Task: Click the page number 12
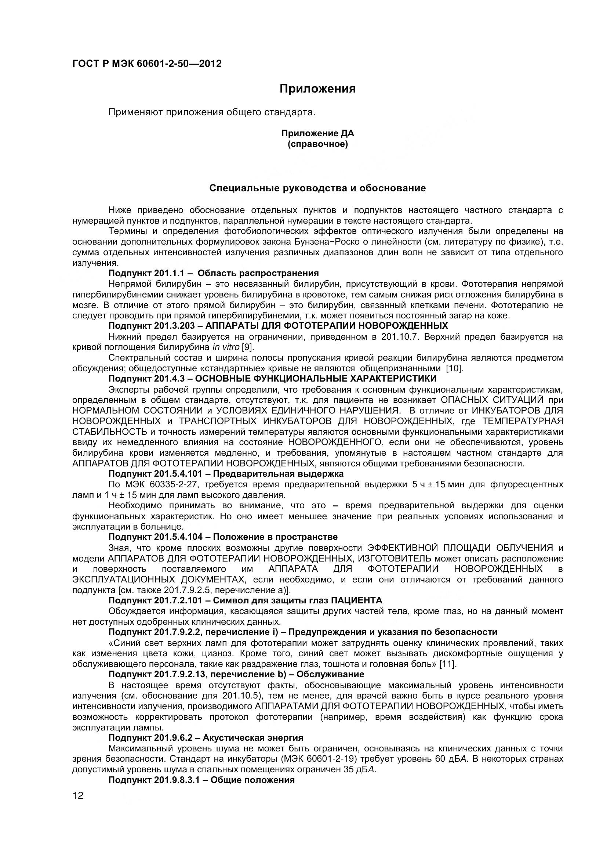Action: point(78,796)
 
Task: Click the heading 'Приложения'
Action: point(318,89)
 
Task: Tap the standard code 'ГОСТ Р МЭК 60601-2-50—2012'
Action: point(147,64)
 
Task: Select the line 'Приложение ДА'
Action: point(317,133)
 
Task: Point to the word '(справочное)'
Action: point(317,144)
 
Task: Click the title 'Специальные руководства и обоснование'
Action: point(317,188)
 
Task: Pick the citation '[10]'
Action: point(454,368)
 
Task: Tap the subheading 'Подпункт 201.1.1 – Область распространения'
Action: point(214,273)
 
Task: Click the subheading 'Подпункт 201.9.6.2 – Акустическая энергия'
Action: point(206,738)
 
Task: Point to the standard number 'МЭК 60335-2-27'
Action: point(161,484)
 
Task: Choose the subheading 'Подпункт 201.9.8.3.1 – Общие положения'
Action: point(201,780)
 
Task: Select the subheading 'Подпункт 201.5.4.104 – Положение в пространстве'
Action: point(223,537)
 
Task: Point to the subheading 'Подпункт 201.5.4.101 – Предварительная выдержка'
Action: point(226,474)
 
